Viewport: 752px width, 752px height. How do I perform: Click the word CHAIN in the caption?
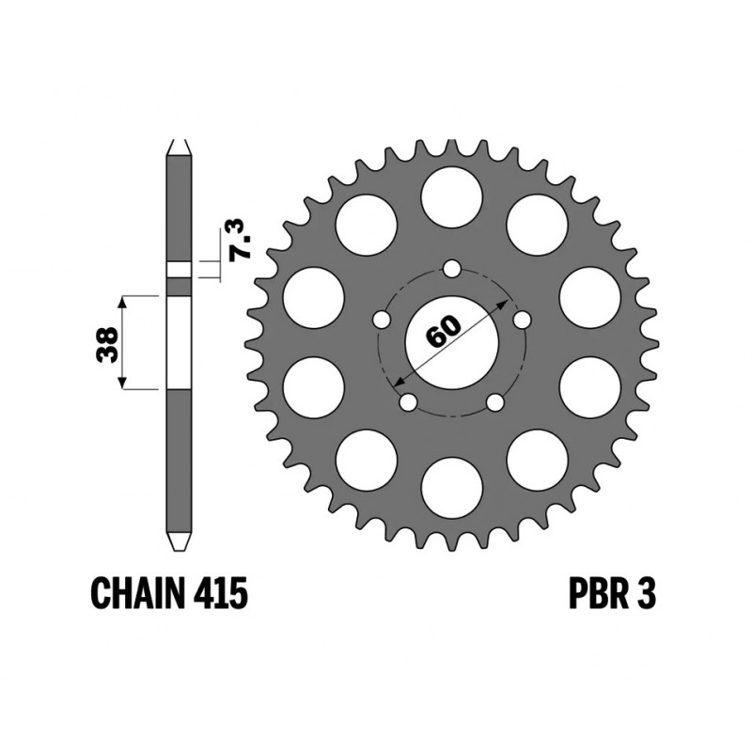pos(138,594)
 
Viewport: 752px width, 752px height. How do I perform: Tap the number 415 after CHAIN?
pos(221,594)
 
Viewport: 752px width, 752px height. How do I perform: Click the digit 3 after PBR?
pos(647,594)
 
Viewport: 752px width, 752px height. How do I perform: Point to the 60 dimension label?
pos(443,331)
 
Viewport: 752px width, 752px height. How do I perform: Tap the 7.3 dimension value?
pos(240,240)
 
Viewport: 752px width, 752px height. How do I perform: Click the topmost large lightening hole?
pos(451,196)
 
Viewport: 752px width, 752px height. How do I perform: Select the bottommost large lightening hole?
pos(451,488)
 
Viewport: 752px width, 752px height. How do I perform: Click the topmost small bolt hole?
pos(451,269)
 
